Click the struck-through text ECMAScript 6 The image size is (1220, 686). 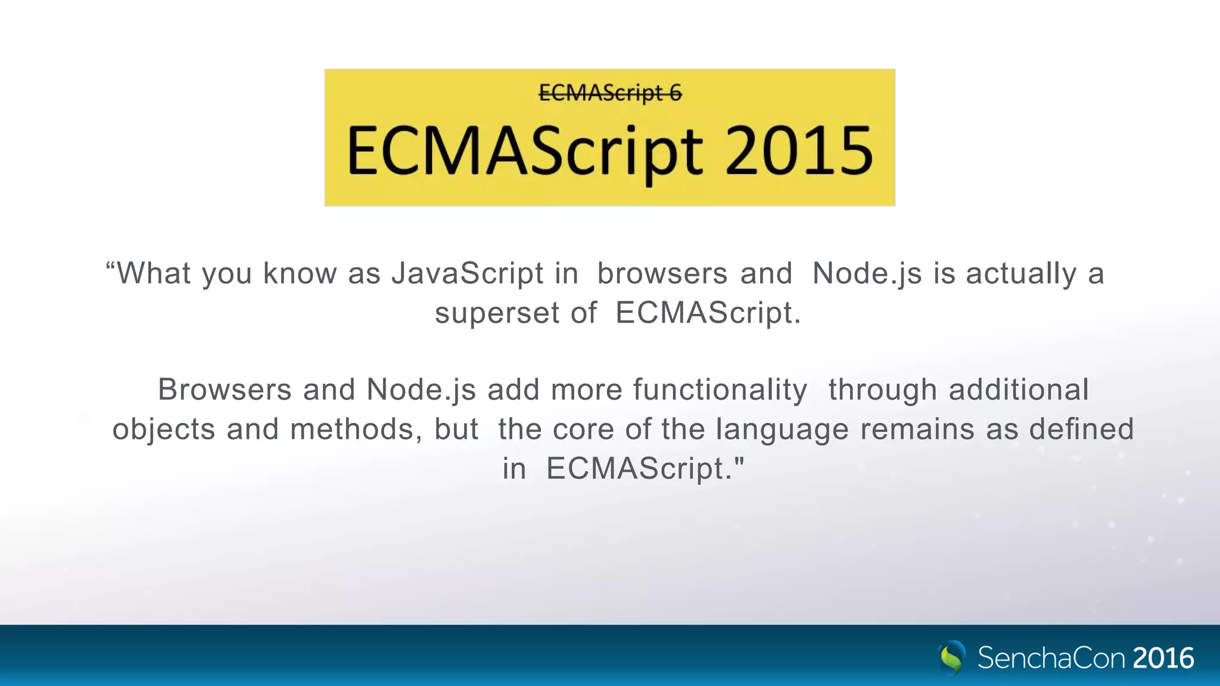tap(610, 93)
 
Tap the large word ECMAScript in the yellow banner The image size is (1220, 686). tap(524, 152)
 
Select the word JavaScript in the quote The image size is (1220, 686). tap(467, 273)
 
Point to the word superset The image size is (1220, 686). tap(497, 313)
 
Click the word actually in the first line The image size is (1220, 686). tap(1020, 273)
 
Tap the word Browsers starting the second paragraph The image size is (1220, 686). tap(225, 389)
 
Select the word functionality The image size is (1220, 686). tap(720, 389)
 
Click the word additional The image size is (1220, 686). tap(1018, 389)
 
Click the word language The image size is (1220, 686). tap(782, 430)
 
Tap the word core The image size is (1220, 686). tap(583, 429)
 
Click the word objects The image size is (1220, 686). tap(163, 430)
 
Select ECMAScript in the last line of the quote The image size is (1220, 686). tap(634, 468)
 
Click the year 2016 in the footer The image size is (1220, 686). tap(1163, 658)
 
